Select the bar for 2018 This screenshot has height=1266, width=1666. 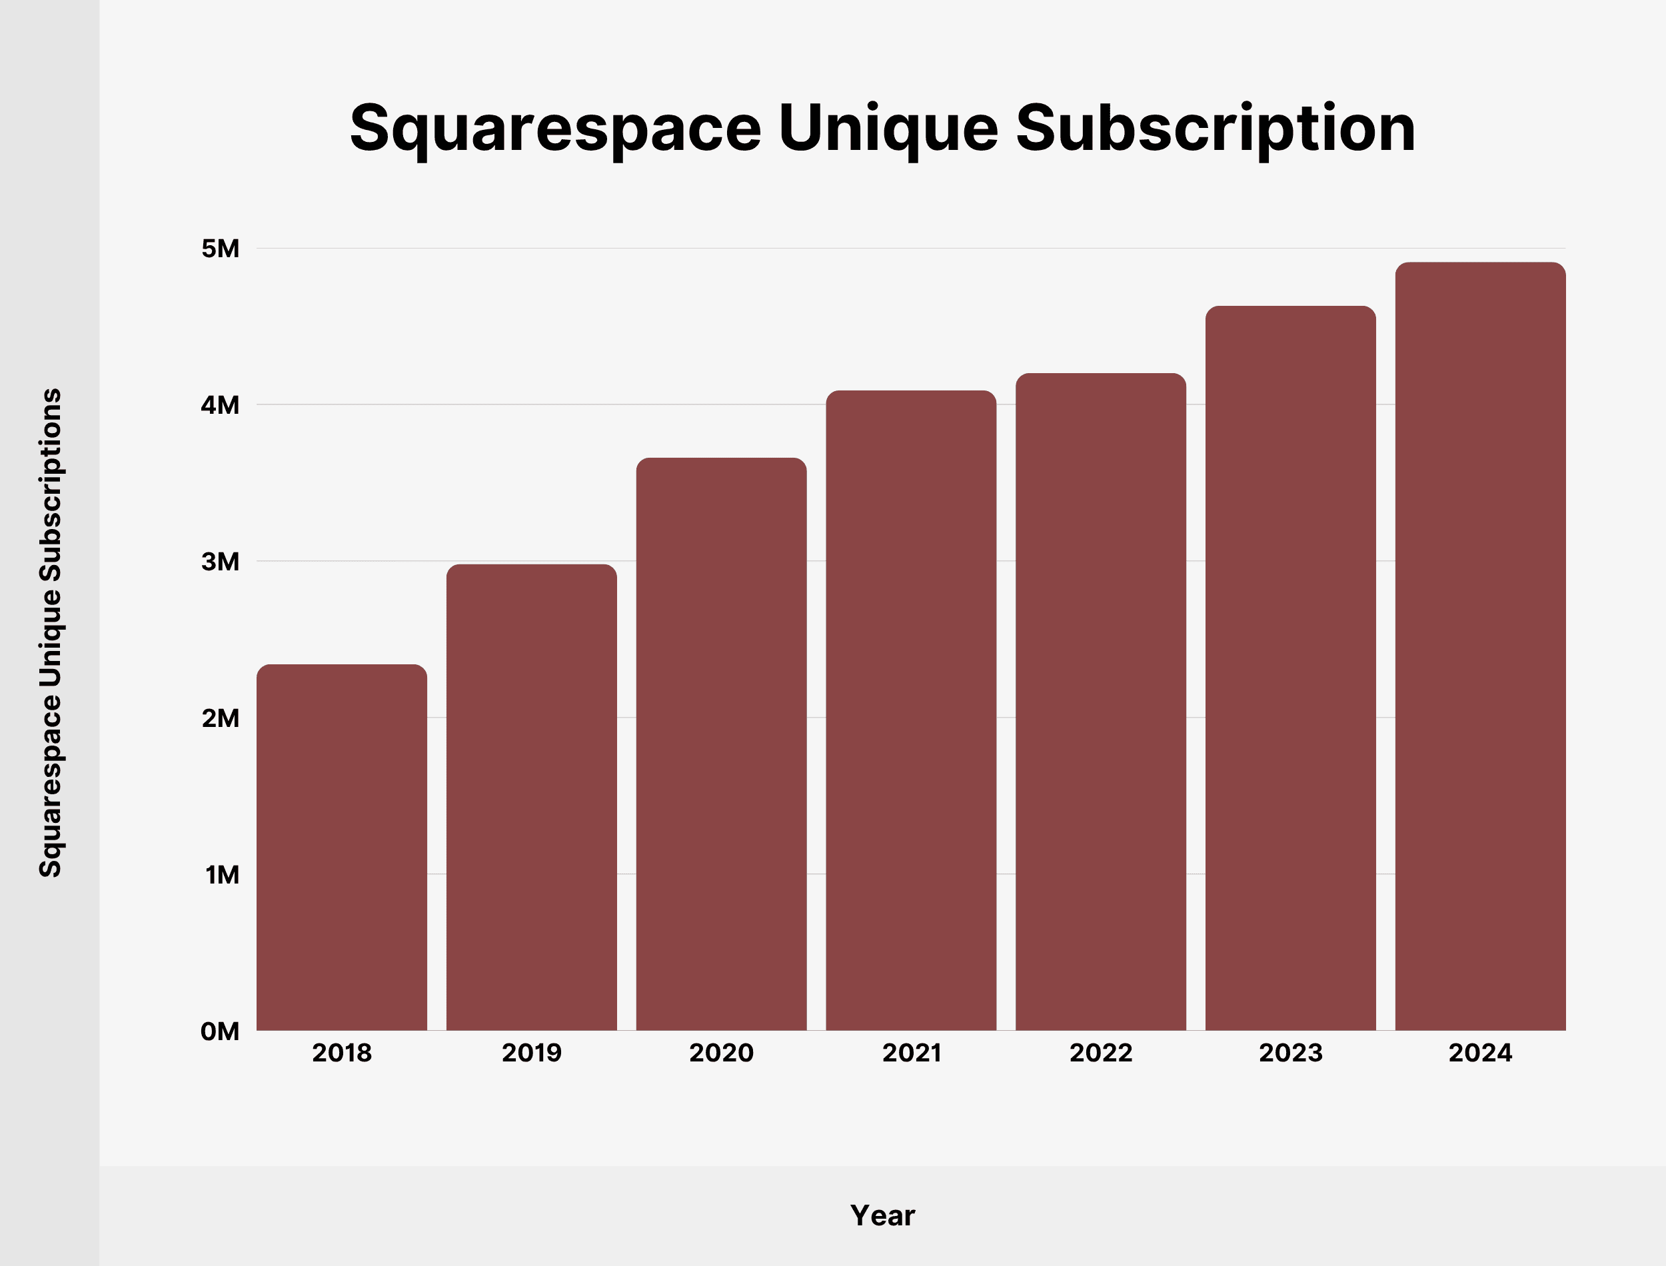pos(341,847)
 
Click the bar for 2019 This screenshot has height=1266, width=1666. pos(531,798)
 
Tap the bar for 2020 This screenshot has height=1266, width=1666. pos(721,744)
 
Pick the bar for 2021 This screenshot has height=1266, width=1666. pos(911,710)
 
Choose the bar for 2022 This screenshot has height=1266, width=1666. pos(1101,702)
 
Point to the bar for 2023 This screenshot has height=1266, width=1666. pos(1291,668)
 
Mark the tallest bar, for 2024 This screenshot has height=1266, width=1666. pos(1481,646)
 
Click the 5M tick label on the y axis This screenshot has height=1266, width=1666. pos(220,248)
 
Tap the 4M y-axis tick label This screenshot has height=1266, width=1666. pos(220,404)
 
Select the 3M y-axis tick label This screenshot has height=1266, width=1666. pos(220,562)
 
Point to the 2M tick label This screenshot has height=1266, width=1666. pos(220,718)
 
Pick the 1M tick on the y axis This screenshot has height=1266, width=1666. pos(221,874)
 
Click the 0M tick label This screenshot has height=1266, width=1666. pos(220,1031)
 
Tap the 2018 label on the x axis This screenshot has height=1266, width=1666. pos(341,1053)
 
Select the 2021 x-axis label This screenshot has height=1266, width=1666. pos(911,1053)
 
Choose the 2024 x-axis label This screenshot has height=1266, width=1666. pos(1481,1053)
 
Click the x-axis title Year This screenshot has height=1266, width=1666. pos(882,1215)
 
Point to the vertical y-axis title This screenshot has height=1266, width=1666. pos(51,633)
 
